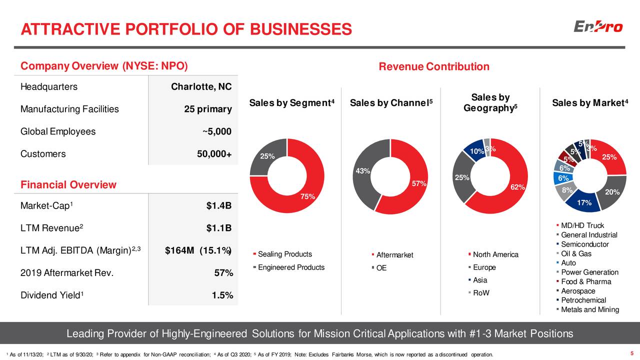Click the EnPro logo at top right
click(598, 26)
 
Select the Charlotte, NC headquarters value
click(201, 87)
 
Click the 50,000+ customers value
click(214, 154)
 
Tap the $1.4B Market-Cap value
click(219, 206)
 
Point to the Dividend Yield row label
click(50, 295)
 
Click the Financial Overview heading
click(68, 185)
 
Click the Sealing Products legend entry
click(284, 254)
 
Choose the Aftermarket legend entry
click(394, 255)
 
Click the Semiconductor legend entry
click(584, 244)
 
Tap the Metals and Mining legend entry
click(590, 310)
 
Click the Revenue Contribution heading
click(434, 67)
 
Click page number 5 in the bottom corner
click(632, 354)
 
